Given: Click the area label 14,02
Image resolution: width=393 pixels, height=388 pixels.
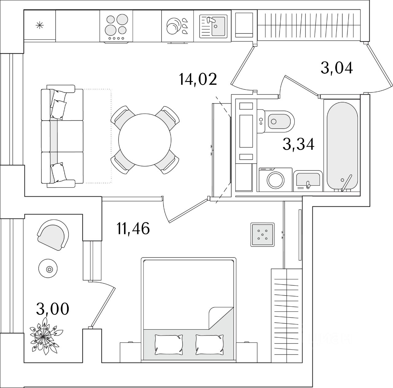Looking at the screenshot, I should click(x=198, y=79).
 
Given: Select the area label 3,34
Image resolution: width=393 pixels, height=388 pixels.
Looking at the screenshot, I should click(x=298, y=144).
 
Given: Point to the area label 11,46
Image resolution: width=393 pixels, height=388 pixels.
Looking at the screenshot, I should click(x=133, y=228).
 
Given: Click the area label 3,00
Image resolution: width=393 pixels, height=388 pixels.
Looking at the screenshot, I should click(x=53, y=309).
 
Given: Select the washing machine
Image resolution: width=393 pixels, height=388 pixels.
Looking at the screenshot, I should click(x=275, y=180).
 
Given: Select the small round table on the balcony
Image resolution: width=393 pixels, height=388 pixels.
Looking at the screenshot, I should click(x=49, y=269).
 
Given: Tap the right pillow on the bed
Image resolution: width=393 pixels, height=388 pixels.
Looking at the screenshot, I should click(x=209, y=344).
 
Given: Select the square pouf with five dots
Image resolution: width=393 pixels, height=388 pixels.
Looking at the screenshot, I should click(x=263, y=234).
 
